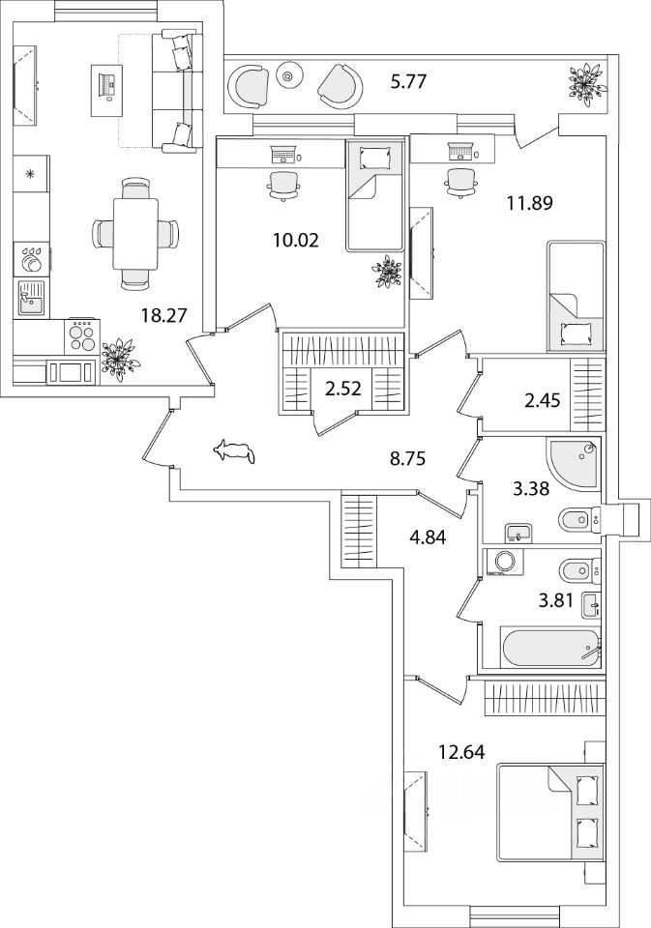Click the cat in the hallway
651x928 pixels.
[x=235, y=450]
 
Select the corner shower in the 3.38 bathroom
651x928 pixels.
[x=574, y=461]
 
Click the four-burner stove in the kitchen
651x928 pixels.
[x=82, y=335]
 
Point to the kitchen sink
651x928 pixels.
[x=30, y=297]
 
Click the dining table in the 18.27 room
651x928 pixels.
[x=134, y=233]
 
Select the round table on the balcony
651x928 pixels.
[x=289, y=73]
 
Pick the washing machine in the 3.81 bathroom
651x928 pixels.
[x=503, y=563]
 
